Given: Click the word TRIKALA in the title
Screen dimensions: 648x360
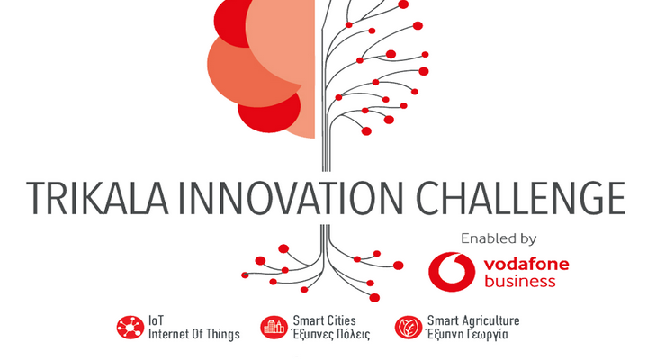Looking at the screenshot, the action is [97, 198].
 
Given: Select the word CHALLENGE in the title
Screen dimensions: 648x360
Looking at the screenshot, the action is [520, 198].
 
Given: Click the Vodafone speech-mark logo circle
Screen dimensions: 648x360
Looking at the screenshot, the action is [452, 272].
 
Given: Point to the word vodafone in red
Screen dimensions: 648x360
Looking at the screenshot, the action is [526, 264].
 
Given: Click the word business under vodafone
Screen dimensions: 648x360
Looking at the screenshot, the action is [520, 281].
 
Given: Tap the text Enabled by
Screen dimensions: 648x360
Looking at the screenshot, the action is [499, 238].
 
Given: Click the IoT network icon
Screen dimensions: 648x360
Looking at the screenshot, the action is [130, 328].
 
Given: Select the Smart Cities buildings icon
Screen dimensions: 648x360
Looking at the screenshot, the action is [274, 328].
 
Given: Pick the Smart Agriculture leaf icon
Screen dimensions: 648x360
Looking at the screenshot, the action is [409, 328].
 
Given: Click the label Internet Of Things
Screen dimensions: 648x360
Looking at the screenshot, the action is [194, 334].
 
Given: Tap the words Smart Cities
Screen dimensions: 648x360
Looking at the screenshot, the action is [324, 320].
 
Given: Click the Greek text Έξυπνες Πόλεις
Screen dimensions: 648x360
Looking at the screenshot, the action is [330, 334].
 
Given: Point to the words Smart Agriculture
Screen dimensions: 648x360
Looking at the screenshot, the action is [473, 320].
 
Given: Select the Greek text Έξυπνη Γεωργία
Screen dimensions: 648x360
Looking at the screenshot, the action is [467, 334].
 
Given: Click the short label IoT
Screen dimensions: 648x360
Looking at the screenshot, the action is [157, 320].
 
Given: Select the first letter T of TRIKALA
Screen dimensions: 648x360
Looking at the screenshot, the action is [36, 198].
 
